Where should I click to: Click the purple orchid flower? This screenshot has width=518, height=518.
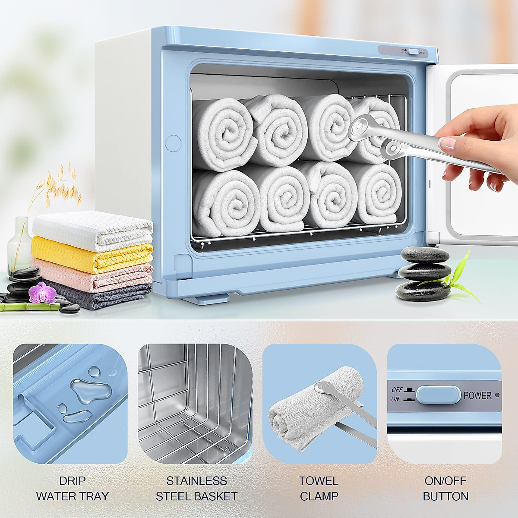click(42, 292)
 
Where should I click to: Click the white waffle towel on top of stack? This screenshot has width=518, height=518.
click(93, 229)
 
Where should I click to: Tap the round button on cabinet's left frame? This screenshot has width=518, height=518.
click(173, 143)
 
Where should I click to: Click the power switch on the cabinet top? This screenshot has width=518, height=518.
click(413, 52)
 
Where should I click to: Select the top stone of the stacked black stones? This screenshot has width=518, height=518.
click(425, 255)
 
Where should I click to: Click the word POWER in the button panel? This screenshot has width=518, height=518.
click(477, 395)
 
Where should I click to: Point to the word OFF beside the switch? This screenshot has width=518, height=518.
click(397, 390)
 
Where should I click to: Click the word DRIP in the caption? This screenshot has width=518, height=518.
click(73, 480)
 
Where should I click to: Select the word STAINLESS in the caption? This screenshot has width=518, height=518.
click(196, 480)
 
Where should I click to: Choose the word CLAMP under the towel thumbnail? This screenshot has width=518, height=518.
click(319, 496)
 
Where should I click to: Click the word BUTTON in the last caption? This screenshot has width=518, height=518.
click(445, 496)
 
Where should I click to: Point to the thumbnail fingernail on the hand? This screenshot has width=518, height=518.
click(445, 142)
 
